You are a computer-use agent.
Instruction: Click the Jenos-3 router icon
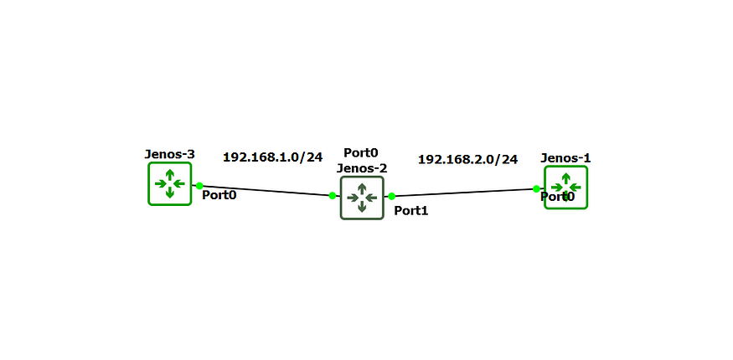click(170, 183)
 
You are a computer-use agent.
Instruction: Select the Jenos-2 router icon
click(362, 198)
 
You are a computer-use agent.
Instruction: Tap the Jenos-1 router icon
click(565, 187)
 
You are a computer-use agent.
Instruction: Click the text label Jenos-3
click(170, 154)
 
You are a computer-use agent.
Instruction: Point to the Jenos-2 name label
click(362, 167)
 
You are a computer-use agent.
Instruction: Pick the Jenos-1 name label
click(565, 157)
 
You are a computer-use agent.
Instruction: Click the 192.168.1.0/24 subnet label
click(272, 157)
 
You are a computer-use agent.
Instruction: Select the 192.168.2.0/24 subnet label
click(467, 159)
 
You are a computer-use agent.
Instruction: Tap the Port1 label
click(411, 211)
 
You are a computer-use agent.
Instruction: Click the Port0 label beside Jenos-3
click(219, 195)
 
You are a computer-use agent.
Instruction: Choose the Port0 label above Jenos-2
click(361, 152)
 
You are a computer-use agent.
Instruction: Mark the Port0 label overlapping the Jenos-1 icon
click(557, 197)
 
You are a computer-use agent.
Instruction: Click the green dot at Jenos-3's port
click(199, 186)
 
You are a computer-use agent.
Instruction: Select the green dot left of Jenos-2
click(333, 196)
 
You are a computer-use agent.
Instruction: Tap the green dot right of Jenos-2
click(391, 197)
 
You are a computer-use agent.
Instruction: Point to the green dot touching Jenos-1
click(536, 189)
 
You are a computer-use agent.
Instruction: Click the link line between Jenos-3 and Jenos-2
click(266, 191)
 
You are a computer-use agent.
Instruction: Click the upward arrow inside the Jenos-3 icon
click(170, 174)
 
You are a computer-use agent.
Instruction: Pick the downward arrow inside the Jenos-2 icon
click(362, 207)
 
